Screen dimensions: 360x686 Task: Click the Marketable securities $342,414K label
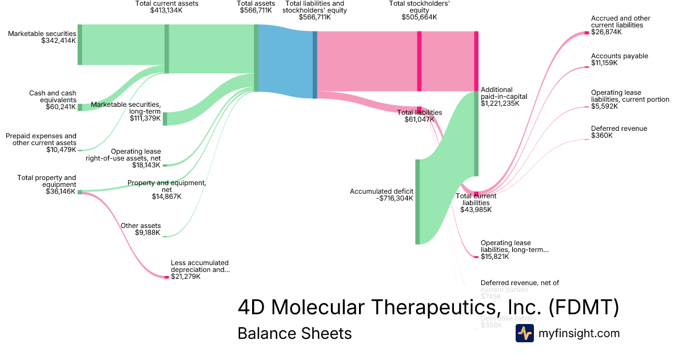pos(42,37)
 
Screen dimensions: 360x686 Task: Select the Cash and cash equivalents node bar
pos(79,107)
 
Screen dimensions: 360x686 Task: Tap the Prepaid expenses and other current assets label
pos(41,143)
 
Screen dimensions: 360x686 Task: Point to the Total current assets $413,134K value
pos(166,10)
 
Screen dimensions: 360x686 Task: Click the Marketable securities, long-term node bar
pos(165,119)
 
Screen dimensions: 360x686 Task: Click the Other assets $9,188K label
pos(141,229)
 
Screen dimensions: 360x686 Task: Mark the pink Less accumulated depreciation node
pos(167,277)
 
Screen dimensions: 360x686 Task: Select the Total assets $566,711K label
pos(256,7)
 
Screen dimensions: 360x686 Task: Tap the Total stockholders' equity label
pos(419,10)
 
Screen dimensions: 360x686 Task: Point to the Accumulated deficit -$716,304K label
pos(381,195)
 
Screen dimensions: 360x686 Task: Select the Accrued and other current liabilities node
pos(587,33)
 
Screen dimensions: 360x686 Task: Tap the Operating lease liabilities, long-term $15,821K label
pos(514,250)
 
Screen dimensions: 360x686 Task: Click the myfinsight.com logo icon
pos(524,333)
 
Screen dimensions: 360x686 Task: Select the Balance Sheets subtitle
pos(294,333)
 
